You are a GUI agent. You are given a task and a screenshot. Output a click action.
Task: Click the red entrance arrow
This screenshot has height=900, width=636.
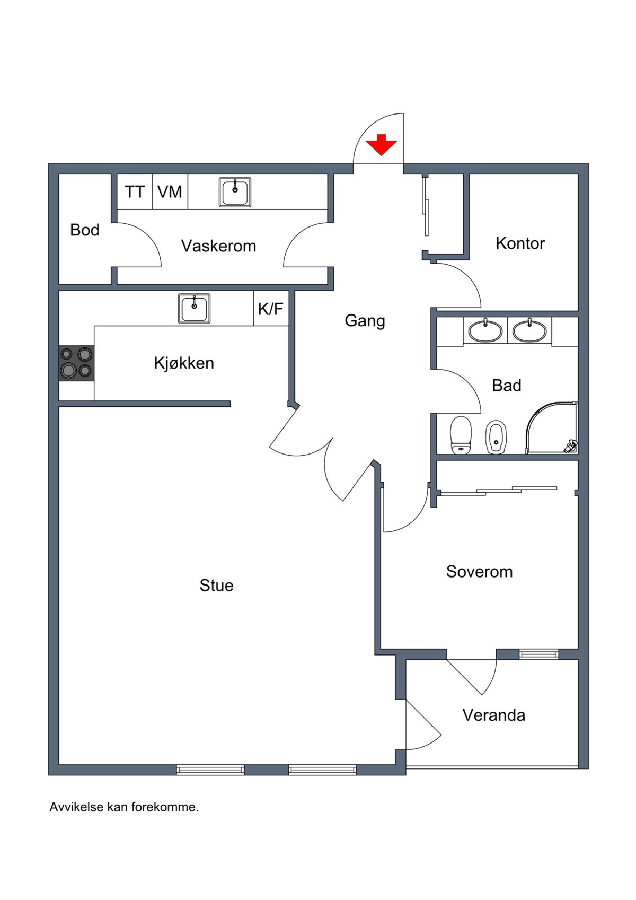click(x=381, y=145)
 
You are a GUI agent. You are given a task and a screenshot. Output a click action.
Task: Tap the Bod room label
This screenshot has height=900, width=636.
click(x=85, y=230)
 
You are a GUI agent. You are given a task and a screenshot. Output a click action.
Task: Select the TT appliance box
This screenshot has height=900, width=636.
click(x=135, y=191)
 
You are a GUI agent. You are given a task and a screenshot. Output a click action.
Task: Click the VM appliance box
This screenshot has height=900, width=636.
click(x=170, y=191)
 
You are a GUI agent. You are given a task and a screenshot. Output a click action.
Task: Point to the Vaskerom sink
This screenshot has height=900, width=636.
click(x=235, y=192)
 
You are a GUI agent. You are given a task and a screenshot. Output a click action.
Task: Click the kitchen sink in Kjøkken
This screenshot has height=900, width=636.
click(x=194, y=308)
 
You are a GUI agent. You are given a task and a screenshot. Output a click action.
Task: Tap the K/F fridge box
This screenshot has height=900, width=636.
click(x=270, y=309)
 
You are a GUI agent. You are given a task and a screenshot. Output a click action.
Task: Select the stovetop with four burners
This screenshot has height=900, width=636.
click(x=76, y=363)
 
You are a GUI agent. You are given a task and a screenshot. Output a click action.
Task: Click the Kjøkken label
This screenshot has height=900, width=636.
click(x=184, y=363)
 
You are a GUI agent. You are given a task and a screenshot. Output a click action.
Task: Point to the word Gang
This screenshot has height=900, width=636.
click(x=365, y=321)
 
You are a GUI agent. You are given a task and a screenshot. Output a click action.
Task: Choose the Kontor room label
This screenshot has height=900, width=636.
click(x=520, y=243)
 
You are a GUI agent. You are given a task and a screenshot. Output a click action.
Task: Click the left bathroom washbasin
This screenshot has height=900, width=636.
click(x=485, y=331)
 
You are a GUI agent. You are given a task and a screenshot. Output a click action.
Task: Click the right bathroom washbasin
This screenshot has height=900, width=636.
click(x=529, y=331)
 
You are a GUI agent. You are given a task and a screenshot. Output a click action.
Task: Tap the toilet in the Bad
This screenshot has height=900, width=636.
click(x=461, y=435)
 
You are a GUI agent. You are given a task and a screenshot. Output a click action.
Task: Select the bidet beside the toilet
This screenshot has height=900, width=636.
click(x=496, y=437)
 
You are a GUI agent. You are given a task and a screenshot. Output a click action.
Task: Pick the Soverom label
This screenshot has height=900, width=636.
click(x=479, y=572)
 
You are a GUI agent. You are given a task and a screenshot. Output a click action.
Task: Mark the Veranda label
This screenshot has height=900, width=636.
click(x=493, y=715)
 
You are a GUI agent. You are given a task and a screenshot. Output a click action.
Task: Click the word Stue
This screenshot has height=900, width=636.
click(x=216, y=586)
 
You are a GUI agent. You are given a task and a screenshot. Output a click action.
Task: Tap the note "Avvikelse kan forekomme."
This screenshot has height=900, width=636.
click(x=124, y=807)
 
